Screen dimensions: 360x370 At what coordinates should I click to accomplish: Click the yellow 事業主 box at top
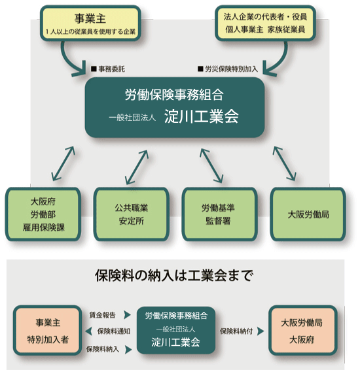tap(90, 24)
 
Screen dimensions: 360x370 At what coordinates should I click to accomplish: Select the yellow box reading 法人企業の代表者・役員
tap(265, 24)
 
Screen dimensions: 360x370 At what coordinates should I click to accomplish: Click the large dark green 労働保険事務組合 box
tap(175, 107)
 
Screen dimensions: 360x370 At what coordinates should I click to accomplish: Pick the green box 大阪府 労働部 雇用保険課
tap(43, 214)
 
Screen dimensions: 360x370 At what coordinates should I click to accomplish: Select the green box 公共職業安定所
tap(132, 214)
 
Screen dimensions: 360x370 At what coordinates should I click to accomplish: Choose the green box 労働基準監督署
tap(220, 214)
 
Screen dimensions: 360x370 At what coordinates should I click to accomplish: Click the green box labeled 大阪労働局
tap(308, 214)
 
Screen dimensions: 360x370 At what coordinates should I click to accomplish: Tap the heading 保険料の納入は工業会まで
tap(174, 275)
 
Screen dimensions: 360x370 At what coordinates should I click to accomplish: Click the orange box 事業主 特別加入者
tap(48, 330)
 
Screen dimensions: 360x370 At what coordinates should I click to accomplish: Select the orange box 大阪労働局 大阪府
tap(303, 330)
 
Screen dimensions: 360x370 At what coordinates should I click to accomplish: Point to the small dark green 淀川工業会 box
tap(176, 330)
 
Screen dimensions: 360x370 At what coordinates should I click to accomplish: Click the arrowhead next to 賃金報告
tap(128, 315)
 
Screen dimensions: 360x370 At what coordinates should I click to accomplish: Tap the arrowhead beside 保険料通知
tap(89, 331)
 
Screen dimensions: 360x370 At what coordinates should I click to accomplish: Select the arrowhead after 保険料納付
tap(261, 331)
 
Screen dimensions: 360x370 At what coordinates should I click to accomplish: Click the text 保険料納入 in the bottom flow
tap(102, 349)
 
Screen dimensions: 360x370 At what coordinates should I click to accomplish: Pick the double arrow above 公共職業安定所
tap(137, 167)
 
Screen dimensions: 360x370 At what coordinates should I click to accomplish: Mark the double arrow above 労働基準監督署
tap(211, 165)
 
